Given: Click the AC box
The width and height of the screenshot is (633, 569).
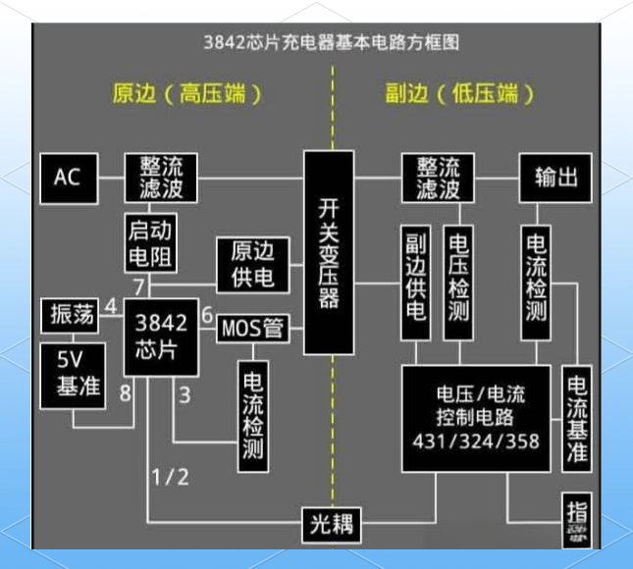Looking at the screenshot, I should pos(67,178).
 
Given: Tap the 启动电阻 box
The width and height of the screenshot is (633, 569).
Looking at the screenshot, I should pos(149,244).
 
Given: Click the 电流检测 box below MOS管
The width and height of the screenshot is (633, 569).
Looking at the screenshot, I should pos(253,412).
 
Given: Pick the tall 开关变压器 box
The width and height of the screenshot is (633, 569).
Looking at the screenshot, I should pos(328,252).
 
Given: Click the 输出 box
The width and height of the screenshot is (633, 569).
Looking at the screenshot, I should pos(556,178).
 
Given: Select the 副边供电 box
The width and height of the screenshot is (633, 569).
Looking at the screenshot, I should pos(415,283).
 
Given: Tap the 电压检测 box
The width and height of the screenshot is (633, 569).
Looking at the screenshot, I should pos(458,283).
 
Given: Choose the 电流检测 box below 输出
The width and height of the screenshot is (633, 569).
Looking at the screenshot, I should pos(535,283).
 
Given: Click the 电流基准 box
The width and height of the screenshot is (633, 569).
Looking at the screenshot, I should pos(576,417).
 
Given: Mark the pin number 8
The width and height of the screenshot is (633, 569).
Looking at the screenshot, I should pos(125,394).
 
